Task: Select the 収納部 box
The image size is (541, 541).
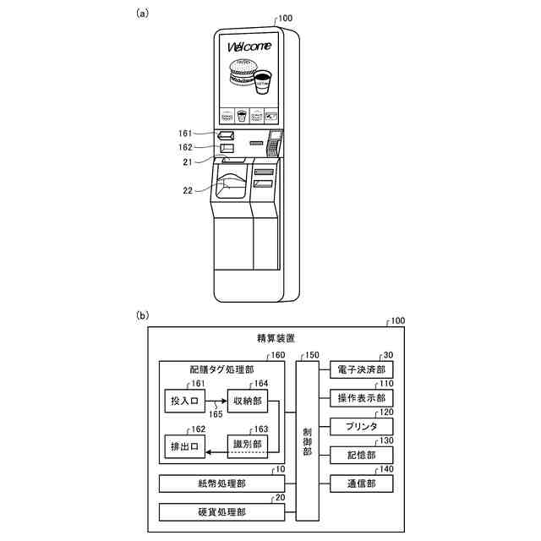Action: (x=247, y=399)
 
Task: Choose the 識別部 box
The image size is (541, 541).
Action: (x=247, y=445)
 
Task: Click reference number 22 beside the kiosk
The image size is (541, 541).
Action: (x=189, y=190)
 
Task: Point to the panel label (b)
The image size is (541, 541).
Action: (x=143, y=316)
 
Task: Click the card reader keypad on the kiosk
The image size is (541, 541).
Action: (x=274, y=144)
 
